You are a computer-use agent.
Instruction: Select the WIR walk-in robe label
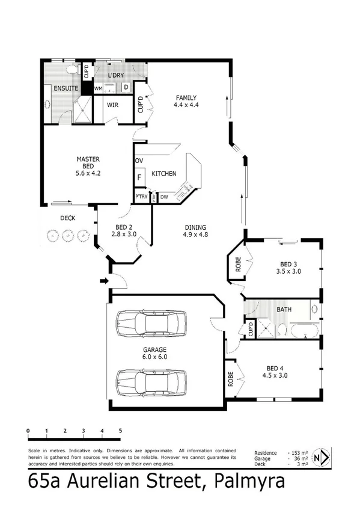(112, 105)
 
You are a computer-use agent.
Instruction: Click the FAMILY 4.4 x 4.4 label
(186, 102)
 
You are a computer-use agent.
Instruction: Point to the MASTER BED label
(88, 164)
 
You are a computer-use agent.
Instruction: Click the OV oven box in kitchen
(139, 161)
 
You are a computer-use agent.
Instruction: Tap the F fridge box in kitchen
(139, 177)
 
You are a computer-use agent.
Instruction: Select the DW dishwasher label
(164, 196)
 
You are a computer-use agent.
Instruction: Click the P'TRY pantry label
(141, 197)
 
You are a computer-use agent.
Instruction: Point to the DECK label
(67, 218)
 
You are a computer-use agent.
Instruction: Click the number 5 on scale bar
(120, 431)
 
